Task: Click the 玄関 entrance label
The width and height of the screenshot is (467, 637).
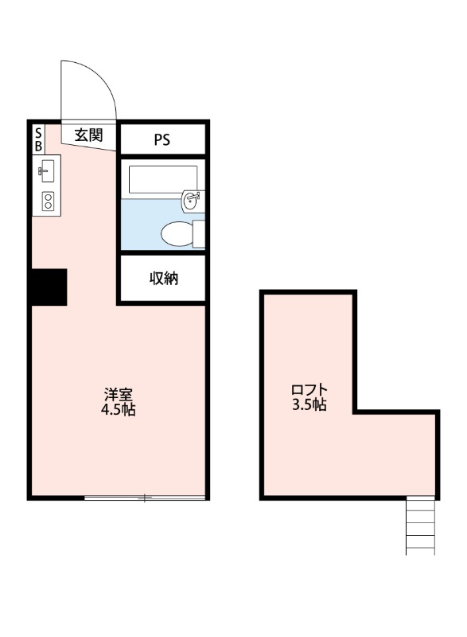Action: point(89,135)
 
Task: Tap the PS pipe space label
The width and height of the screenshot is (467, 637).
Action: point(162,140)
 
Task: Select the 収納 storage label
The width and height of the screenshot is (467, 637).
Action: point(163,279)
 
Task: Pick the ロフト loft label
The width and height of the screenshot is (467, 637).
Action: point(309,389)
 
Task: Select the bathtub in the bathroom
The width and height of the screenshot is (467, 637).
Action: point(162,179)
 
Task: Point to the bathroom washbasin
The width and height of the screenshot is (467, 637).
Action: point(191,202)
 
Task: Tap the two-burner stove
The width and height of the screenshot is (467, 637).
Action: point(47,201)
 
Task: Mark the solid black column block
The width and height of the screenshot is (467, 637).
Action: point(49,287)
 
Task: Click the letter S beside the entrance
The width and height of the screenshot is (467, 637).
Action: point(37,134)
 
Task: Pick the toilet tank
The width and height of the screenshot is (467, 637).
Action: point(199,233)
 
